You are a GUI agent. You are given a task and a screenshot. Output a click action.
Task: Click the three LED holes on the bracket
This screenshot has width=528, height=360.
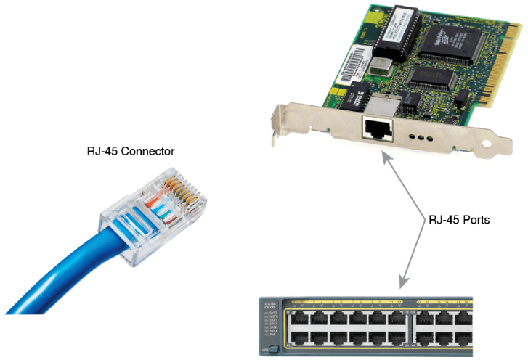(x=421, y=136)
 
